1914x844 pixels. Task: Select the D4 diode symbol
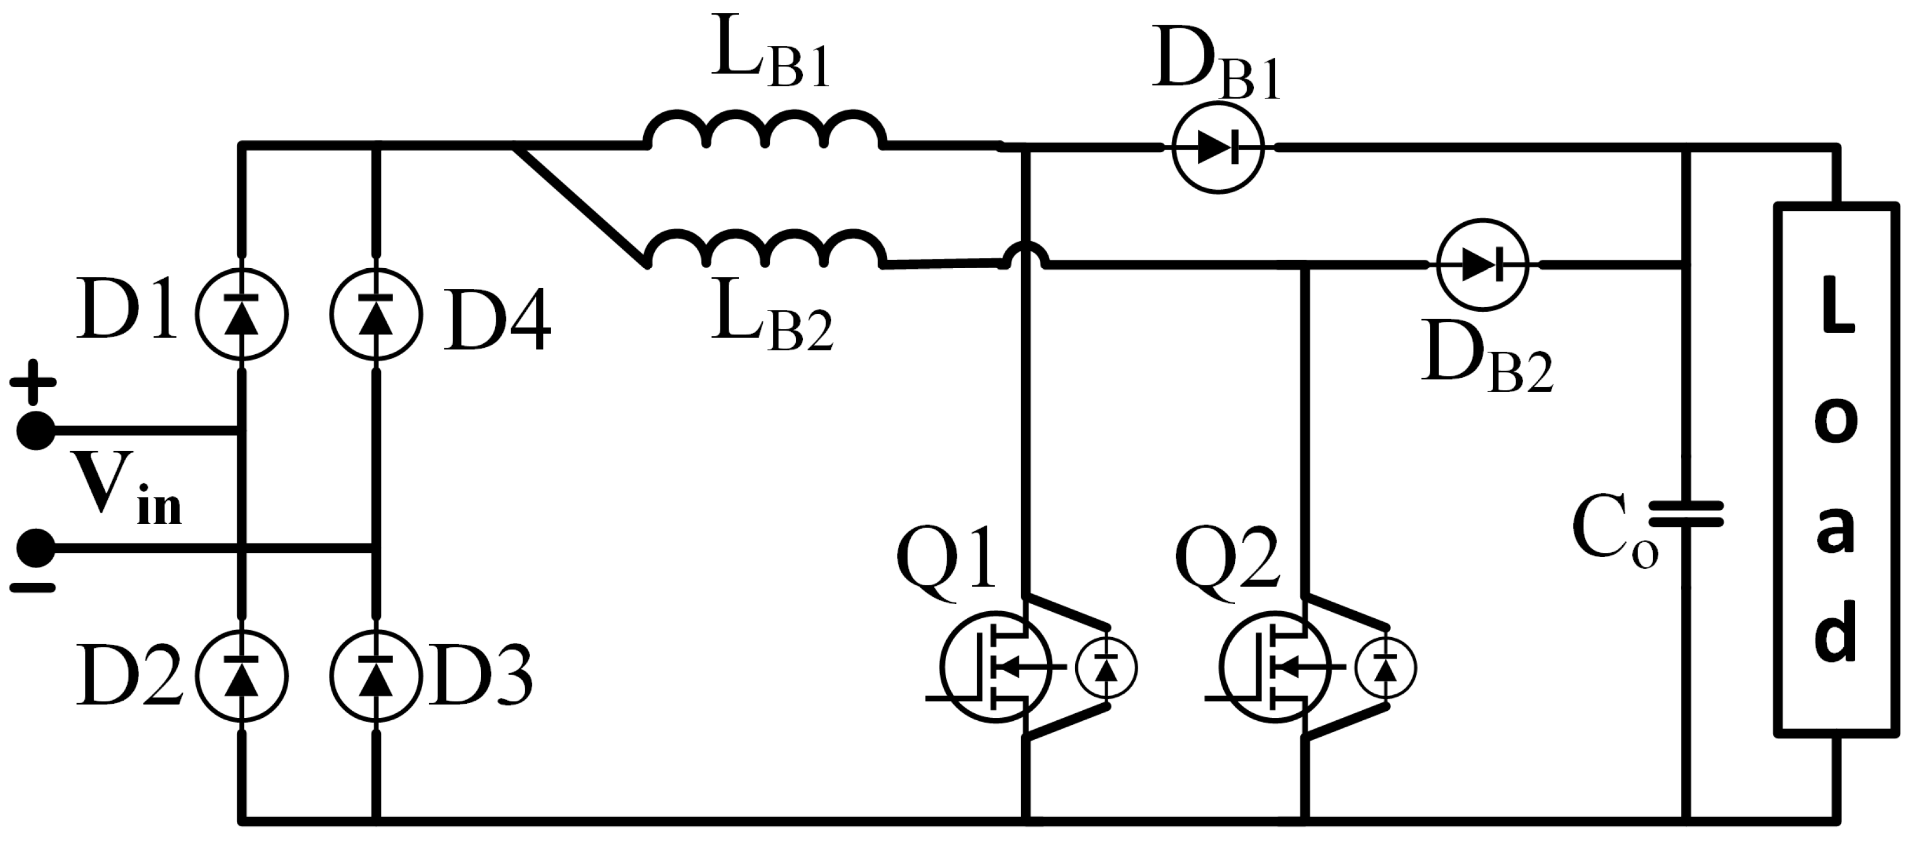(x=375, y=314)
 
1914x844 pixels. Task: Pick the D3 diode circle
(x=375, y=676)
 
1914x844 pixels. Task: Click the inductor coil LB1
(x=765, y=131)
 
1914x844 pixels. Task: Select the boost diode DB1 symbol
(x=1217, y=149)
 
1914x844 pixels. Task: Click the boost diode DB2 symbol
(x=1483, y=265)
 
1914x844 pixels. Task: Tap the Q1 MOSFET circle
(x=996, y=667)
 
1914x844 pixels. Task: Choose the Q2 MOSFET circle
(x=1275, y=667)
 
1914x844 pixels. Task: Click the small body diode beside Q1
(x=1106, y=668)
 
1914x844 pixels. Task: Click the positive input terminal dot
(x=35, y=431)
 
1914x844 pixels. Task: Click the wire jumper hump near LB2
(x=1025, y=256)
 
